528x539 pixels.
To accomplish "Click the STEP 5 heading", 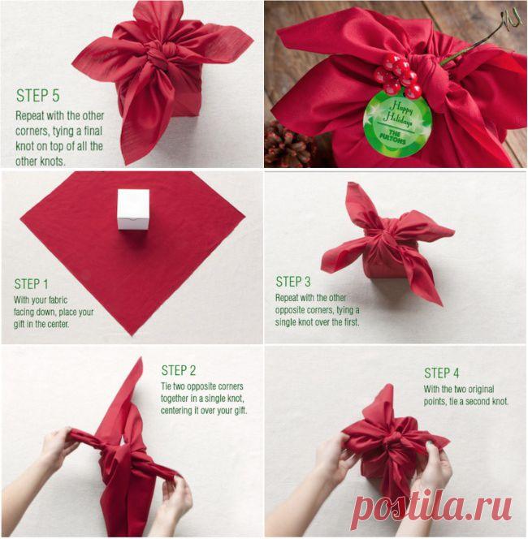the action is pos(38,95).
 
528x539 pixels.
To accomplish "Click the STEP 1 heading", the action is pos(32,284).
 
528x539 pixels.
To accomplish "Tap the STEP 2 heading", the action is pos(179,370).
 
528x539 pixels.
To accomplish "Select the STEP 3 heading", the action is pos(293,282).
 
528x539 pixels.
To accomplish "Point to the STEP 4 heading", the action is pos(442,373).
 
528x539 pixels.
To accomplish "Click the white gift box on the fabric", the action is pos(133,209).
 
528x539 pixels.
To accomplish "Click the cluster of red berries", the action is pos(396,75).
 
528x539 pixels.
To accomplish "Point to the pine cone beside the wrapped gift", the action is pos(288,144).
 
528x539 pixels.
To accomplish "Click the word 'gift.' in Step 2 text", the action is pos(239,410).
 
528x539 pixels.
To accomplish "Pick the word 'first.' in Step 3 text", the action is pos(350,322).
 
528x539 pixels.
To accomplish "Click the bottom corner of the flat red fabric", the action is pos(132,335).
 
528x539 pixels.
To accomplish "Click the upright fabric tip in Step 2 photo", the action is pos(141,359).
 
